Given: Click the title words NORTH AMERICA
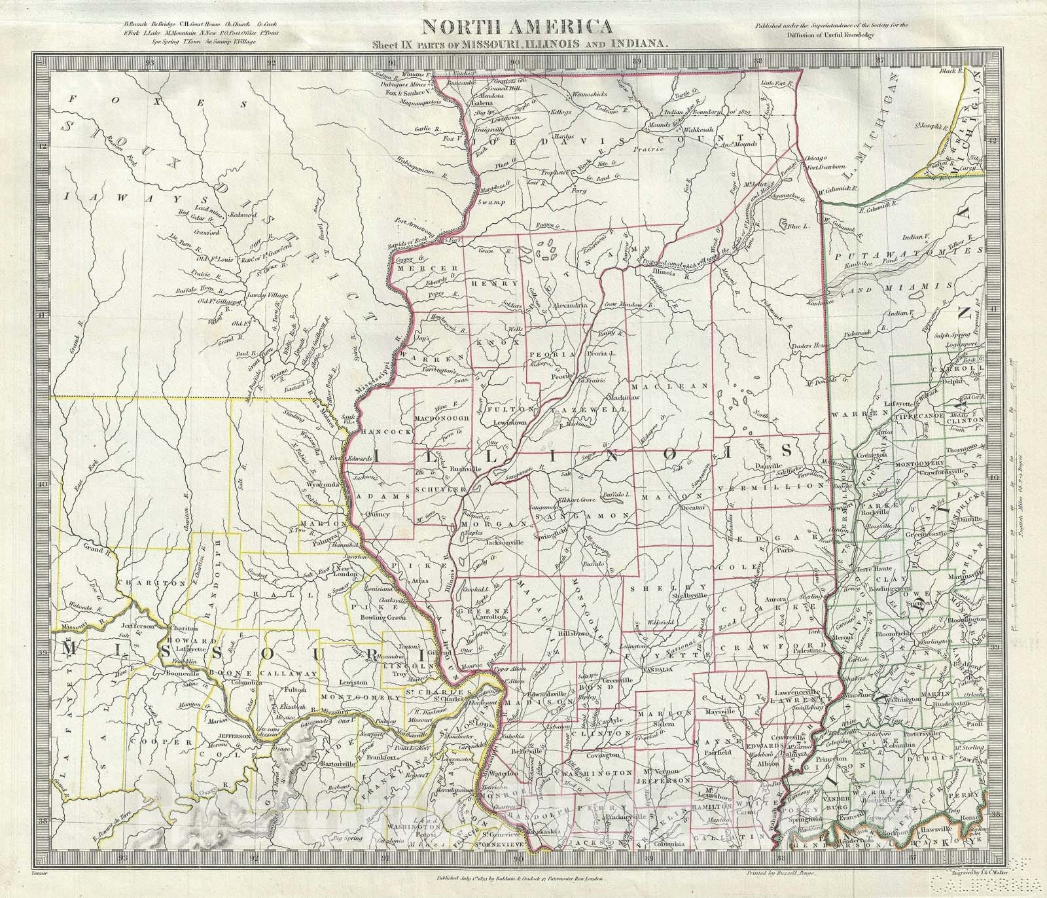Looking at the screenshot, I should coord(517,27).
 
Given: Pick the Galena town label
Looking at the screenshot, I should coord(482,103).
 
